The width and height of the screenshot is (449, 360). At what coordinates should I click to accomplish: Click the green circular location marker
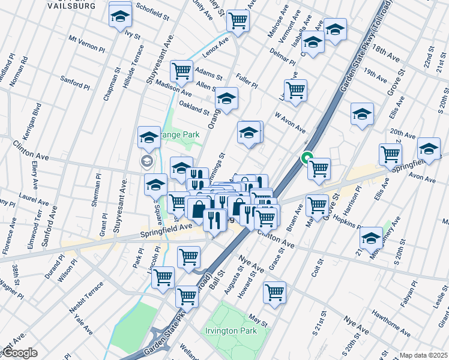[x=307, y=158]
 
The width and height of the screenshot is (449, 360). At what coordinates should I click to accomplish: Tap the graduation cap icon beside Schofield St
[x=120, y=16]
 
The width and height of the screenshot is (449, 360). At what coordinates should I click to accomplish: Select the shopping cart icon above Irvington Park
[x=274, y=293]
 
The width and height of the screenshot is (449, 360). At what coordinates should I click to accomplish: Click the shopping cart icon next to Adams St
[x=181, y=71]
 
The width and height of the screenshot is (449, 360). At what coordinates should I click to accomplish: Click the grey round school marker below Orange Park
[x=146, y=161]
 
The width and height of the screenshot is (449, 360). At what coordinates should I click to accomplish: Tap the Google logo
[x=19, y=353]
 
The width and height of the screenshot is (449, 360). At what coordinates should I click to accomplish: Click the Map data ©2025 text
[x=423, y=355]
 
